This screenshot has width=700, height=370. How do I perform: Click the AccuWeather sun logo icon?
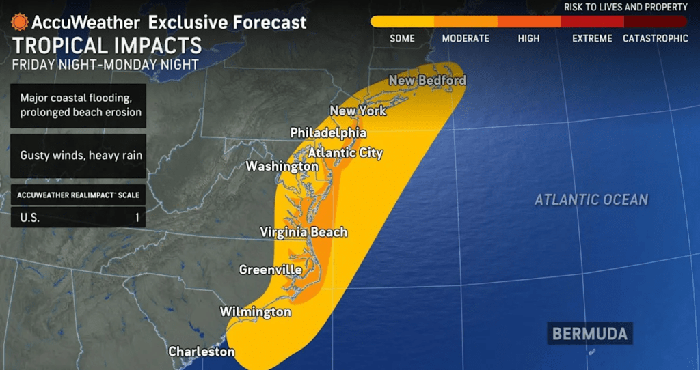pyautogui.click(x=20, y=22)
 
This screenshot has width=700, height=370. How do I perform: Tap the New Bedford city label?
pyautogui.click(x=427, y=81)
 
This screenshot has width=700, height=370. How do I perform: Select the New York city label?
pyautogui.click(x=358, y=111)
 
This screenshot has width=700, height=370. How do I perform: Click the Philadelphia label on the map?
pyautogui.click(x=328, y=132)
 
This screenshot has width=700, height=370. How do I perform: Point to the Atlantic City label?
pyautogui.click(x=345, y=153)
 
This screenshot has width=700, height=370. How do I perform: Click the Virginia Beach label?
pyautogui.click(x=304, y=232)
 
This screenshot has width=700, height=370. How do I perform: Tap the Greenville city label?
pyautogui.click(x=270, y=270)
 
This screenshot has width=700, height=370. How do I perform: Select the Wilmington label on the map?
pyautogui.click(x=255, y=312)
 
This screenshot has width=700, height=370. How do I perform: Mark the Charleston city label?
pyautogui.click(x=201, y=352)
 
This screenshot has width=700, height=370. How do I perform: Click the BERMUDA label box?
pyautogui.click(x=589, y=335)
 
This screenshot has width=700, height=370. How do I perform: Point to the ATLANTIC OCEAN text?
pyautogui.click(x=591, y=200)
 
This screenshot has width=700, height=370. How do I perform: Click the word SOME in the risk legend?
pyautogui.click(x=403, y=38)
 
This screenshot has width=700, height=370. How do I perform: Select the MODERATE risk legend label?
pyautogui.click(x=465, y=38)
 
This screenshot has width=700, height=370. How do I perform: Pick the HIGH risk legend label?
pyautogui.click(x=528, y=38)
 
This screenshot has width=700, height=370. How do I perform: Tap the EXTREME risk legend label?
pyautogui.click(x=591, y=38)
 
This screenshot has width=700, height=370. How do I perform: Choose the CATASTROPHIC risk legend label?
pyautogui.click(x=655, y=38)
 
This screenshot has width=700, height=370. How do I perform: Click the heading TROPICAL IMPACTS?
pyautogui.click(x=107, y=46)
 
